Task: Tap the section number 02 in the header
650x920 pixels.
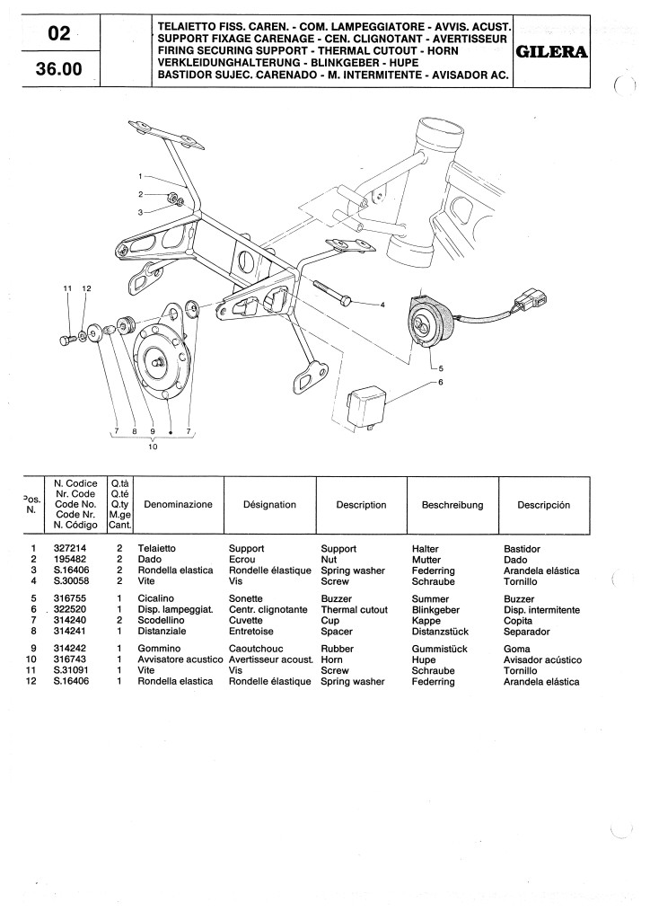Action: [58, 34]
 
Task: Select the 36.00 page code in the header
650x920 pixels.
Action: [58, 68]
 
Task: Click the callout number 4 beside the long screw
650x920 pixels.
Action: [382, 305]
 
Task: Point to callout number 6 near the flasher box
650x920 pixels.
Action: [441, 382]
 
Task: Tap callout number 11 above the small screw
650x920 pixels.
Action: [66, 287]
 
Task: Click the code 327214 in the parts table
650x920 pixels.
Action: [69, 548]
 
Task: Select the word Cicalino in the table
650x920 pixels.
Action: [156, 598]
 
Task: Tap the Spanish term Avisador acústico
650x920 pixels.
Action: [543, 660]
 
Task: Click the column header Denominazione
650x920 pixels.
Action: [178, 505]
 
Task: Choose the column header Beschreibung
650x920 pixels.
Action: [452, 505]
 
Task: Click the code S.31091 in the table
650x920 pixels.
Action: [69, 671]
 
